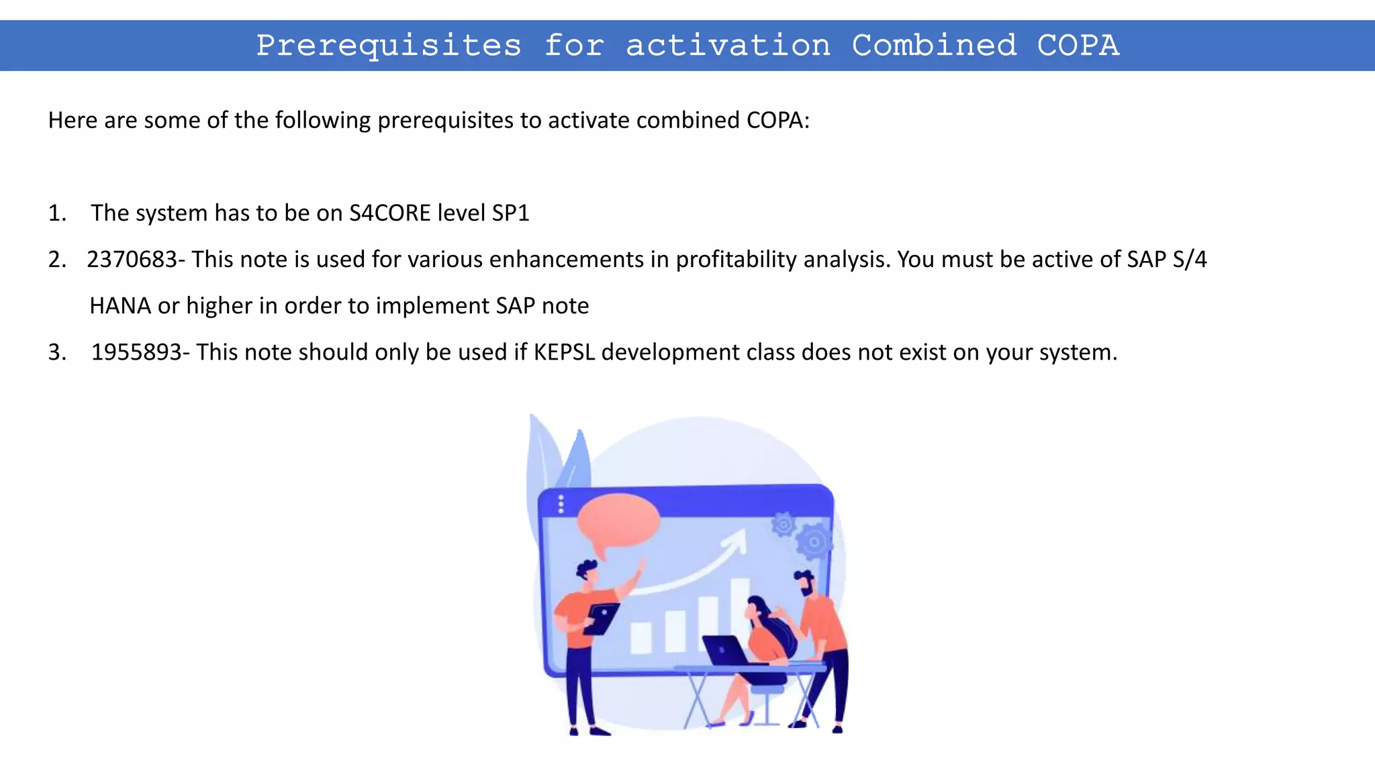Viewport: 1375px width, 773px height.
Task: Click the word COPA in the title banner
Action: tap(1078, 46)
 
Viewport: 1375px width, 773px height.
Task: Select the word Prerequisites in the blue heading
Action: tap(389, 46)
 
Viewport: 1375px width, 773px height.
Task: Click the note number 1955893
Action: tap(136, 352)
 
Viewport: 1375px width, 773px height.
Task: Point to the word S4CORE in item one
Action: tap(389, 213)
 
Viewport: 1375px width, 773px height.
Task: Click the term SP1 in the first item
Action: tap(510, 213)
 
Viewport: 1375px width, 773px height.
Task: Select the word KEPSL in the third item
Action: tap(564, 352)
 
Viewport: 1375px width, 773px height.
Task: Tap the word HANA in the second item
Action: tap(120, 306)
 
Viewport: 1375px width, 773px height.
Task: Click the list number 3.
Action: tap(56, 352)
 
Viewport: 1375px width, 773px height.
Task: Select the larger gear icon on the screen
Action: tap(814, 541)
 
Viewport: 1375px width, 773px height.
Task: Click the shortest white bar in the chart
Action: tap(641, 637)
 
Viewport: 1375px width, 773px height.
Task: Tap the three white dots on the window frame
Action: tap(561, 504)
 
